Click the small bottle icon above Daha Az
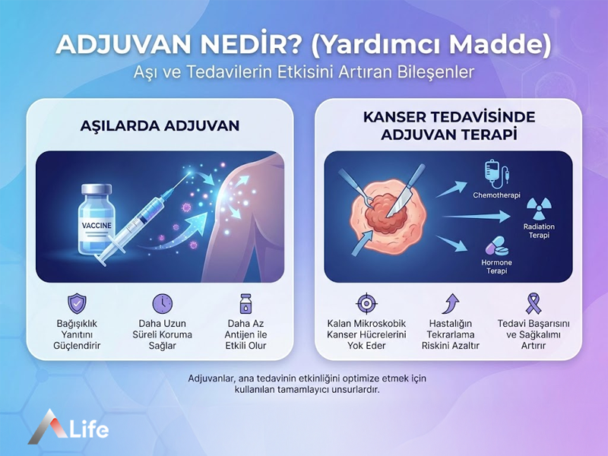click(245, 302)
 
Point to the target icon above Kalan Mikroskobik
click(366, 303)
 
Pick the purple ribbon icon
click(534, 303)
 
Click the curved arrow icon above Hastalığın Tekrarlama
click(450, 303)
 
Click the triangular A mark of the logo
click(45, 426)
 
